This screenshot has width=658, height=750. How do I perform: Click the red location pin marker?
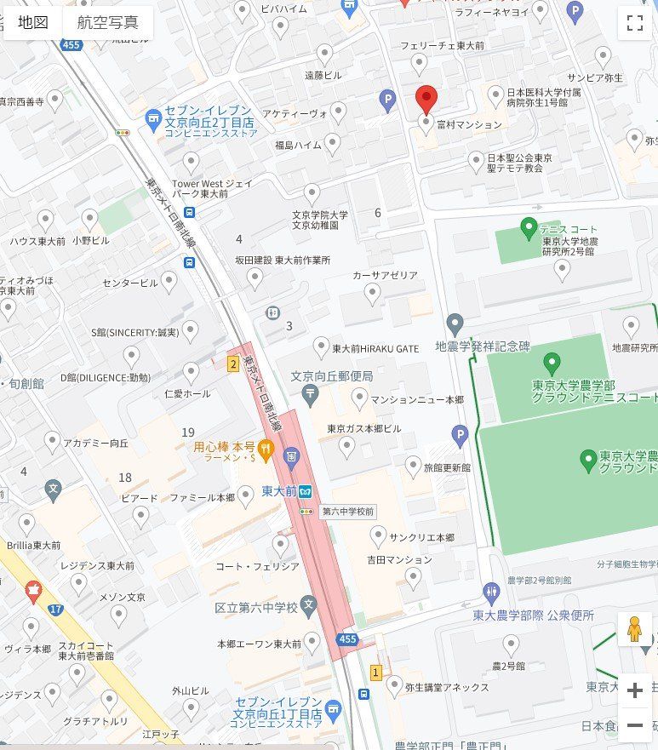click(x=427, y=99)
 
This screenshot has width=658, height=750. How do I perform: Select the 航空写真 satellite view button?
click(x=107, y=23)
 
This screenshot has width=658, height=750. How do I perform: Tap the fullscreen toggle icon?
click(x=634, y=23)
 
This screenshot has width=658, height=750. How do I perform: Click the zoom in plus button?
click(x=634, y=690)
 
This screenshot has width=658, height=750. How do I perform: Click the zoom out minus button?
click(x=634, y=725)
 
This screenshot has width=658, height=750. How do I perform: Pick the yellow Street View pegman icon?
click(x=633, y=629)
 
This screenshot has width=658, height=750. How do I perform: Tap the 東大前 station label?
click(x=279, y=491)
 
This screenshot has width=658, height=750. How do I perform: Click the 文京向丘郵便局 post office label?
click(x=332, y=376)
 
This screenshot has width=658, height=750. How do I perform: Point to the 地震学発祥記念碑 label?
click(x=482, y=346)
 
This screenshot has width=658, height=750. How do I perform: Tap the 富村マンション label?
click(x=468, y=124)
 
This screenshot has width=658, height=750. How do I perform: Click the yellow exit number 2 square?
click(x=232, y=364)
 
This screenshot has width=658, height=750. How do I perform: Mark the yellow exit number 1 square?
click(x=375, y=673)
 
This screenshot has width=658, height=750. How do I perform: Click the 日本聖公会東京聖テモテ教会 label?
click(x=519, y=163)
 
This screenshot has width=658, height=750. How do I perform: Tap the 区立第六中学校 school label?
click(x=255, y=608)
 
